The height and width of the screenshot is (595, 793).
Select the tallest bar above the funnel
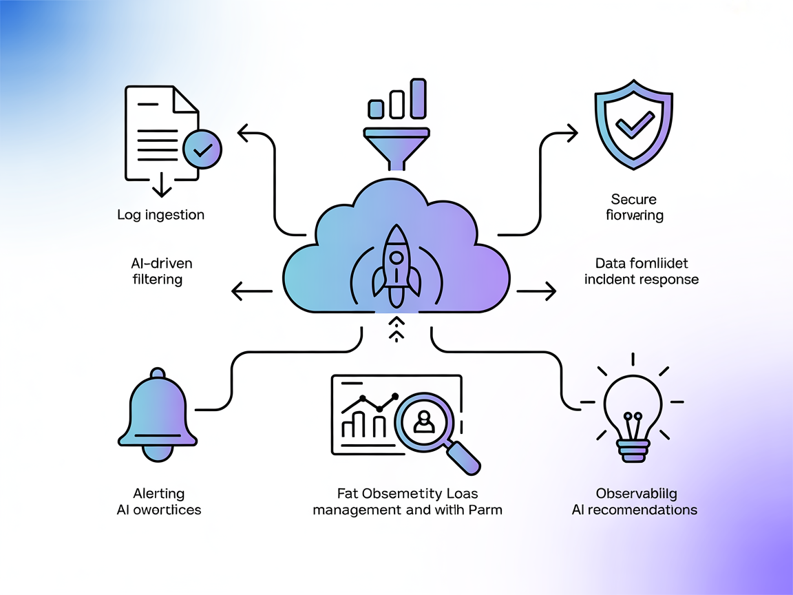click(418, 98)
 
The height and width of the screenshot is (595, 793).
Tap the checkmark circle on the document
click(202, 149)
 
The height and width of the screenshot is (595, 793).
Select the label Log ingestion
click(160, 215)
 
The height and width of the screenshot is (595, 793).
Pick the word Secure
click(633, 200)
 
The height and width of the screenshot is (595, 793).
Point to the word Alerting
click(158, 494)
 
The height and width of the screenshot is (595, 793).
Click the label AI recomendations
click(635, 510)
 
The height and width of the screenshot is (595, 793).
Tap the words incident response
click(641, 280)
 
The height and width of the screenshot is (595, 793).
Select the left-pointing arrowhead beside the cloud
click(238, 292)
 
